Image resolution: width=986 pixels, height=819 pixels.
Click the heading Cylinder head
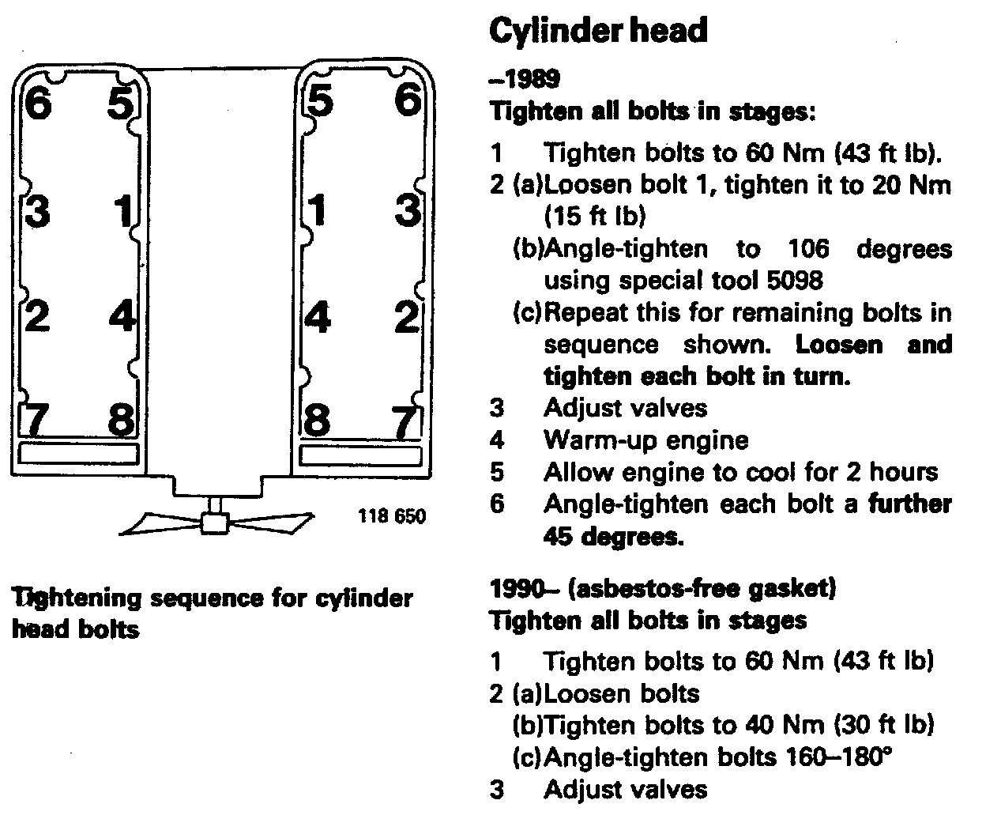(598, 31)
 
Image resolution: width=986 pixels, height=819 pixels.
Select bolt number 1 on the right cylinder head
(318, 211)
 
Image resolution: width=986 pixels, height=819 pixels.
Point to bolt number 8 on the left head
(121, 419)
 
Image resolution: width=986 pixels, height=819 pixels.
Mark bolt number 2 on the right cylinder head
(406, 317)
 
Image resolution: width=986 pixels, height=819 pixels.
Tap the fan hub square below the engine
(215, 522)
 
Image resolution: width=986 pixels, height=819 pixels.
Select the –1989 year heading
(525, 79)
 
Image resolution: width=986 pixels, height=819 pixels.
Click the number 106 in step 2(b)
(808, 249)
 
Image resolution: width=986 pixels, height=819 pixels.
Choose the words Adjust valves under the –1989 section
(625, 408)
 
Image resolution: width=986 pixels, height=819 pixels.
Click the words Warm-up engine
(645, 440)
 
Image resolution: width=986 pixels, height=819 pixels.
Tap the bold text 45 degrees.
(612, 538)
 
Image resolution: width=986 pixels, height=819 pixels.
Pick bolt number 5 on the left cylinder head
(121, 103)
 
